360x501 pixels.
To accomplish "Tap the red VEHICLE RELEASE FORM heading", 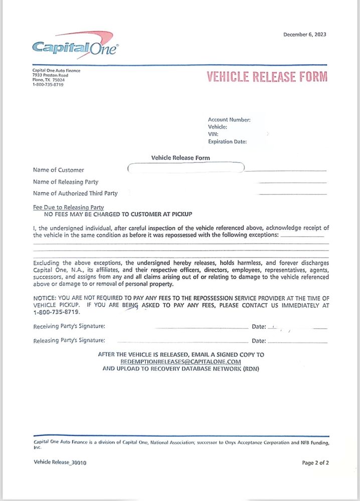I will coord(267,77).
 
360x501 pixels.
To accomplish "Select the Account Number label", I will coord(229,120).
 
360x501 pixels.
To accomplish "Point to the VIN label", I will coord(213,134).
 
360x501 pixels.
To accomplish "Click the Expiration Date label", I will coord(227,142).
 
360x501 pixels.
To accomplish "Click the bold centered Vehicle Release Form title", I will coord(181,158).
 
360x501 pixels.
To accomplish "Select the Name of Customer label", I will coord(59,170).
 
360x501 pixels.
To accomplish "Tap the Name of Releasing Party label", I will coord(66,182).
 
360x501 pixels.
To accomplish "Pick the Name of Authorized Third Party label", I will coord(75,193).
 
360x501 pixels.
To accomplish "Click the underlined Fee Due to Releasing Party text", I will coord(68,207).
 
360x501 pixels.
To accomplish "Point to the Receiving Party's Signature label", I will coord(69,327).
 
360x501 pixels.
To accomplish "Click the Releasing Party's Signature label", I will coord(69,341).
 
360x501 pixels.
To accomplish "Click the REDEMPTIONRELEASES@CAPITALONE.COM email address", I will coord(181,361).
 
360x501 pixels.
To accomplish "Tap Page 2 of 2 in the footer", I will coord(315,463).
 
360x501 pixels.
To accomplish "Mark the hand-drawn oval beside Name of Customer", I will coord(186,168).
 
